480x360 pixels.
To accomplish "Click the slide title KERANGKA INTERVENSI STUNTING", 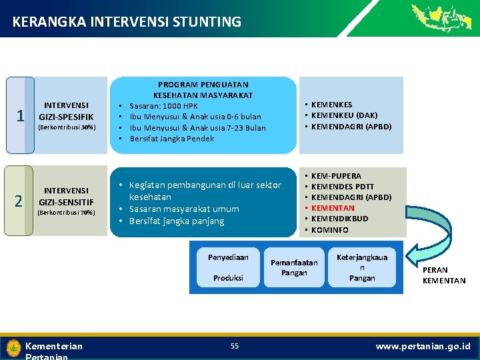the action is [x=127, y=22].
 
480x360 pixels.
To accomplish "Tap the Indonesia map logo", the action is [x=441, y=17].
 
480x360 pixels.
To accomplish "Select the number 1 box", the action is [x=20, y=115].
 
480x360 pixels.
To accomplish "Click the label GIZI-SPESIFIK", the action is [x=66, y=117].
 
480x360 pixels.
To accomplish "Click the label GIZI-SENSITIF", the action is [x=66, y=202].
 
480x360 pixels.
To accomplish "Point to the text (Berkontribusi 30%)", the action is [x=67, y=127].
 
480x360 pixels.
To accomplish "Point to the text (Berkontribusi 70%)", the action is [x=67, y=213].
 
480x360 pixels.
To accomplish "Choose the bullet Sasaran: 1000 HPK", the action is [x=163, y=106].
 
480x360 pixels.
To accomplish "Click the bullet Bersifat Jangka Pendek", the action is [x=171, y=139].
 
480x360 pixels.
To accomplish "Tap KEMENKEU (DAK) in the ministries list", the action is [x=344, y=115].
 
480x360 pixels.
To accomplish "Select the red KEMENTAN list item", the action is [x=333, y=208].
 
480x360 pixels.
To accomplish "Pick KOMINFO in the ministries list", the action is [x=330, y=229].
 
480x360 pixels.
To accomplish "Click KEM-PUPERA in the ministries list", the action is [x=336, y=176].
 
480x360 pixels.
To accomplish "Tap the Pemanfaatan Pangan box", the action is [x=294, y=267].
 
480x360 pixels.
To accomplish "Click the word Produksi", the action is [x=228, y=277].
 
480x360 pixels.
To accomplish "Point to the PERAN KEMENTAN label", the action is [x=444, y=276].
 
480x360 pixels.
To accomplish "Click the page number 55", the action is [x=235, y=345].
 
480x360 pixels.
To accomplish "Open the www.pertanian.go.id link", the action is [x=423, y=346].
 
